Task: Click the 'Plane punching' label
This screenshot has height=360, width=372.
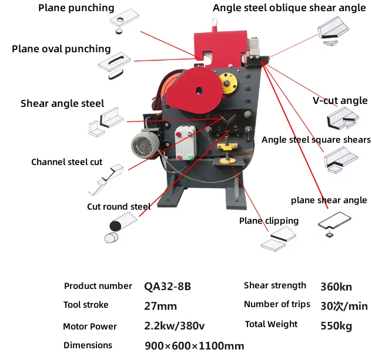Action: (x=76, y=8)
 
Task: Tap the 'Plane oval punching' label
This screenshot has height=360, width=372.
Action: (x=61, y=49)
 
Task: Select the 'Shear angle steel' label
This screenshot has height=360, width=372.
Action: (x=62, y=103)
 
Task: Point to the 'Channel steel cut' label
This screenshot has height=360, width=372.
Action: (x=66, y=162)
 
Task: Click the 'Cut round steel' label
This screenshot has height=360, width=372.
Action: (x=119, y=206)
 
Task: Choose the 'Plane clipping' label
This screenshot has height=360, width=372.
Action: (x=269, y=221)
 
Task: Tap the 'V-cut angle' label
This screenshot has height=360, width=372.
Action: (x=340, y=100)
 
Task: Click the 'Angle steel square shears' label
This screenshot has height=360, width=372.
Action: (x=316, y=140)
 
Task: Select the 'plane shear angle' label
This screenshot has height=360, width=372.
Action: (x=329, y=200)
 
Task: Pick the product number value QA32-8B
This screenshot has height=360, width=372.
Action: (x=167, y=287)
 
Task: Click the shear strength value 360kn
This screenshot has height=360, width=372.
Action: (x=336, y=287)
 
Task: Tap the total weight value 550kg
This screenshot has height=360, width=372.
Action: (x=336, y=325)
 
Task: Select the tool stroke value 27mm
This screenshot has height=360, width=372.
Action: (x=160, y=305)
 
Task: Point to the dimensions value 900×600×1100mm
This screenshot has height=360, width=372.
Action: (x=194, y=346)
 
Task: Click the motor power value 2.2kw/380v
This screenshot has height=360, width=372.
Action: (x=175, y=326)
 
